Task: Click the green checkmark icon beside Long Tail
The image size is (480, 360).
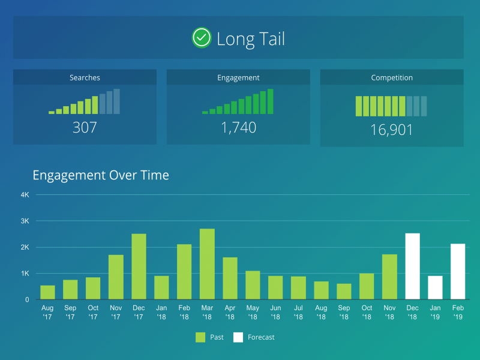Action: click(202, 38)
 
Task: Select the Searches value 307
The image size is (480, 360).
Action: click(85, 127)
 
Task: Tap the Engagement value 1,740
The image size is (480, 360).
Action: click(238, 127)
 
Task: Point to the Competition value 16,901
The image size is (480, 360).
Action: click(391, 130)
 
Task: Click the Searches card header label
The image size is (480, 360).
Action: click(85, 77)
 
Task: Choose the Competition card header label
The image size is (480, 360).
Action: click(392, 77)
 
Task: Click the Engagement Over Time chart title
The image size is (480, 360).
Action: click(101, 175)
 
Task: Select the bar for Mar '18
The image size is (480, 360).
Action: click(207, 264)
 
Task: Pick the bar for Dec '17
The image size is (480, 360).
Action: click(139, 266)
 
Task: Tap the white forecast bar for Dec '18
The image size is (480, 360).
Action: click(412, 266)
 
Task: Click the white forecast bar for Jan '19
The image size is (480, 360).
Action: click(435, 287)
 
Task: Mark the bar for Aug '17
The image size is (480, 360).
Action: click(47, 292)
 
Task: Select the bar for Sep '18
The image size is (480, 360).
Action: click(344, 292)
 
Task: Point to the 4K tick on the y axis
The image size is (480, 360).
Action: click(25, 195)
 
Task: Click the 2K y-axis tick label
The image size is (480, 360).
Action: click(25, 247)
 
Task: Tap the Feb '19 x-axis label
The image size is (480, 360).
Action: click(458, 312)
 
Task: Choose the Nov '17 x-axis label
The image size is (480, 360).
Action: click(116, 312)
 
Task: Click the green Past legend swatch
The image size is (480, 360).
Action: click(200, 337)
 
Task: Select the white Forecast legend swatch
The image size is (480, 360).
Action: click(238, 337)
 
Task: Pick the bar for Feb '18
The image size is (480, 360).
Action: click(184, 272)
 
